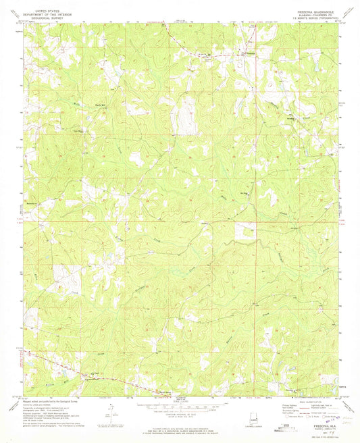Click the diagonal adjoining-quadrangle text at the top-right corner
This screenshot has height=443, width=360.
(x=349, y=11)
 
